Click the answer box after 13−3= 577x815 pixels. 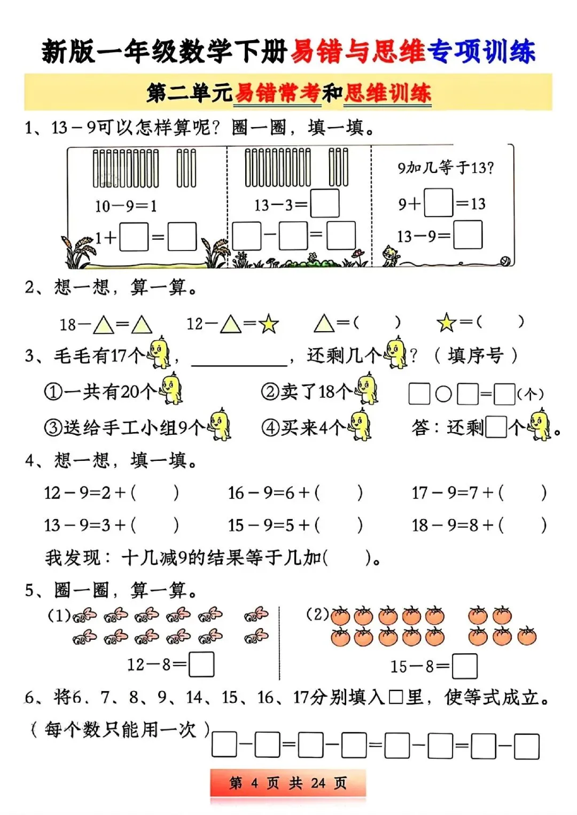(x=325, y=203)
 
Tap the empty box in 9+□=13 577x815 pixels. (x=438, y=203)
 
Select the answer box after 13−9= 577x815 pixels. (x=467, y=236)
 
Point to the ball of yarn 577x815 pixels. (x=504, y=261)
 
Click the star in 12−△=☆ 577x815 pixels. (x=268, y=324)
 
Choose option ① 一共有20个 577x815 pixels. (x=112, y=391)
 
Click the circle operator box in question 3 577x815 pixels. (x=443, y=394)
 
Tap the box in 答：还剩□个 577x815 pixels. (x=496, y=427)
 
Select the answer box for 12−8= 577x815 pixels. (x=201, y=664)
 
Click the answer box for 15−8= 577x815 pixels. (x=464, y=666)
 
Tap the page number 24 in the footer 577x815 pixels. (x=318, y=783)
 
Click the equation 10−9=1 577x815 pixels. (x=126, y=206)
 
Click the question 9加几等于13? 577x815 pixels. (x=446, y=168)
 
